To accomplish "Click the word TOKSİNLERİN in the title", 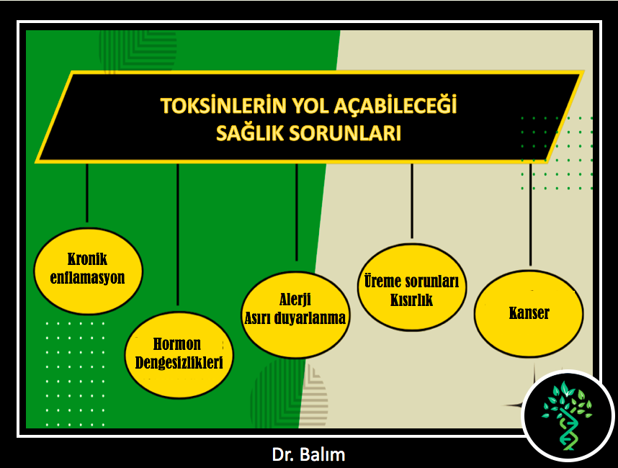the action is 223,106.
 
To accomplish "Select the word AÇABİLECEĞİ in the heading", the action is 395,106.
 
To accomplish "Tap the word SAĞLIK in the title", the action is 250,132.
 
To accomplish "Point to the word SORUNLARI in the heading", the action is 345,133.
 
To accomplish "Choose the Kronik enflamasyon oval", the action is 88,271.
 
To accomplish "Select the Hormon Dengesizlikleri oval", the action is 179,355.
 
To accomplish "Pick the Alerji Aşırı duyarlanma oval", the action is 295,315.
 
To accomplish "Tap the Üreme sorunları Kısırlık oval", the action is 412,287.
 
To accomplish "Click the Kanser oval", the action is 529,314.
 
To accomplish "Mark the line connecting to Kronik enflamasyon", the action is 87,193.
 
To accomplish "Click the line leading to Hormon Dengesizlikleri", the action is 178,235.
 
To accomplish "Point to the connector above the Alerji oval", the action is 296,212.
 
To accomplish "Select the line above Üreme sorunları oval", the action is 412,201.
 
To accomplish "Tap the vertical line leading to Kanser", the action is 531,215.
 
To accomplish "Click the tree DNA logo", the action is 568,415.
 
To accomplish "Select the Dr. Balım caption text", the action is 308,454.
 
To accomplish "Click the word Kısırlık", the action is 411,300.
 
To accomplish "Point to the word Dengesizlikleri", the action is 179,362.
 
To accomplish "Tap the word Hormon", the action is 177,344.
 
